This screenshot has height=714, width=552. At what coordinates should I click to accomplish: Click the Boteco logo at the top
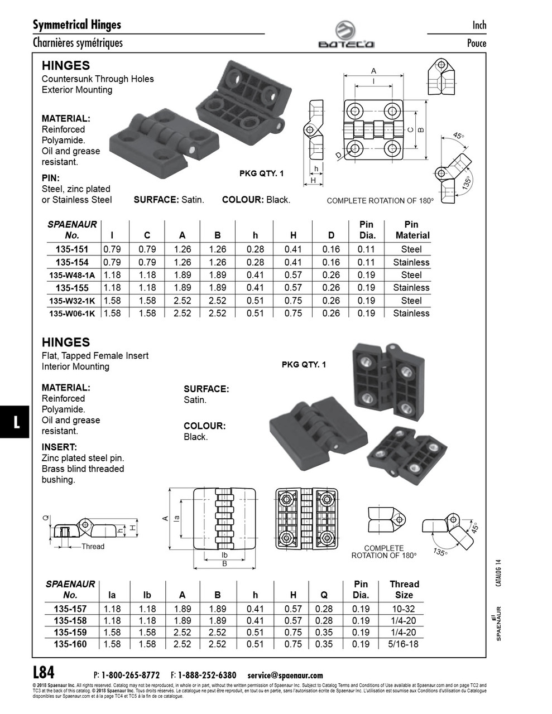[x=346, y=34]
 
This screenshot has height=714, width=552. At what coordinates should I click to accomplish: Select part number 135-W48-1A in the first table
[x=72, y=275]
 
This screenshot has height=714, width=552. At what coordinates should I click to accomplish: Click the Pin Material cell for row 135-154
[x=411, y=262]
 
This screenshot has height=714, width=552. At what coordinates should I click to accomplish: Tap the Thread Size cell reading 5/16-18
[x=404, y=644]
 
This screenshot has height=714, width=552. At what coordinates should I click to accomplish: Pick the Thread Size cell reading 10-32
[x=404, y=609]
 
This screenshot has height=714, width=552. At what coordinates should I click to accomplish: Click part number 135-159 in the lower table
[x=70, y=633]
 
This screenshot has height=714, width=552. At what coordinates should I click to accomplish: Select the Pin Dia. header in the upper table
[x=366, y=229]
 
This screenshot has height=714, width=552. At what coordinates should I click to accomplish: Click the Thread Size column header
[x=404, y=589]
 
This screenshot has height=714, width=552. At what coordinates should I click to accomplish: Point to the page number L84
[x=44, y=672]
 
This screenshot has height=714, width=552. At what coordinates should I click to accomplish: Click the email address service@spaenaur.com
[x=285, y=675]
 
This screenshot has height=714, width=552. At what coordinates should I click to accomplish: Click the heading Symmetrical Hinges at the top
[x=77, y=25]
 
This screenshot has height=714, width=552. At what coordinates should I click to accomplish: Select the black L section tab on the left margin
[x=16, y=422]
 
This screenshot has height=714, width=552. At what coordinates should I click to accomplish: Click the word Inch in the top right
[x=479, y=25]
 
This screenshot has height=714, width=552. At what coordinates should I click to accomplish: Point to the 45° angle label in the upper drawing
[x=458, y=136]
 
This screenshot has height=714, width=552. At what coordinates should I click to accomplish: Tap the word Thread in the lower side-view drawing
[x=93, y=547]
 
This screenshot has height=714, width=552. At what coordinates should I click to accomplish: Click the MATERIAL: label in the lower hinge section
[x=66, y=387]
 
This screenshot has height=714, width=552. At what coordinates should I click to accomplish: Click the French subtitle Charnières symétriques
[x=78, y=43]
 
